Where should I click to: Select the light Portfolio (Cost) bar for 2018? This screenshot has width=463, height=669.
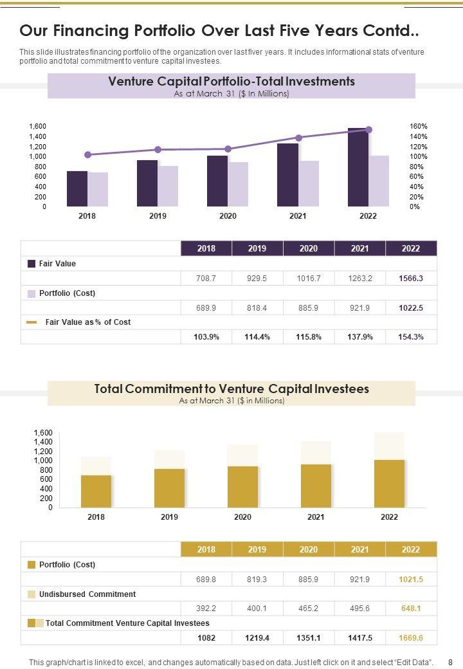click(x=98, y=189)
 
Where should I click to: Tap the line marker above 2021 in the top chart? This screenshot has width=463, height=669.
click(x=298, y=138)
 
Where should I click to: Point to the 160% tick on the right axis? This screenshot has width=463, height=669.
click(x=419, y=127)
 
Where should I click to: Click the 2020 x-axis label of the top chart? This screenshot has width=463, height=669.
click(x=228, y=216)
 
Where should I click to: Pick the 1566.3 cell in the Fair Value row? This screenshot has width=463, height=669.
click(x=411, y=279)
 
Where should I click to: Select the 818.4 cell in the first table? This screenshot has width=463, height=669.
click(x=257, y=308)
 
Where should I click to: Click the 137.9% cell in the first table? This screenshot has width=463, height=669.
click(x=359, y=337)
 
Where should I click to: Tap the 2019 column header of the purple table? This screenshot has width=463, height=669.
click(x=257, y=249)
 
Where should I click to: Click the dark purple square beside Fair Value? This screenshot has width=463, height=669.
click(x=32, y=264)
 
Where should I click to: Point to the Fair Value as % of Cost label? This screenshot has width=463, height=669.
click(x=87, y=322)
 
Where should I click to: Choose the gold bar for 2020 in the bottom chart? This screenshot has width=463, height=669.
click(x=242, y=486)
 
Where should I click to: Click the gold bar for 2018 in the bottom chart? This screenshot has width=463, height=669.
click(x=96, y=491)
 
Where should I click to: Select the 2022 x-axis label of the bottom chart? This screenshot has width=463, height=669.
click(x=389, y=517)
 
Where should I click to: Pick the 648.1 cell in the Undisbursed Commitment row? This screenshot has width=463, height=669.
click(x=411, y=609)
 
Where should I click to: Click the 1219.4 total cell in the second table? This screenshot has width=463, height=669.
click(x=257, y=637)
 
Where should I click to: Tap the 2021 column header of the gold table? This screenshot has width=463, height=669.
click(x=359, y=549)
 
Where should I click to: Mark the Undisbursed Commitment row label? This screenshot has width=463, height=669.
click(x=87, y=594)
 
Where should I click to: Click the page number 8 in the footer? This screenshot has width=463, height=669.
click(x=450, y=662)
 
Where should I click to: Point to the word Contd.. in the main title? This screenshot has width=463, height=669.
click(x=391, y=31)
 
